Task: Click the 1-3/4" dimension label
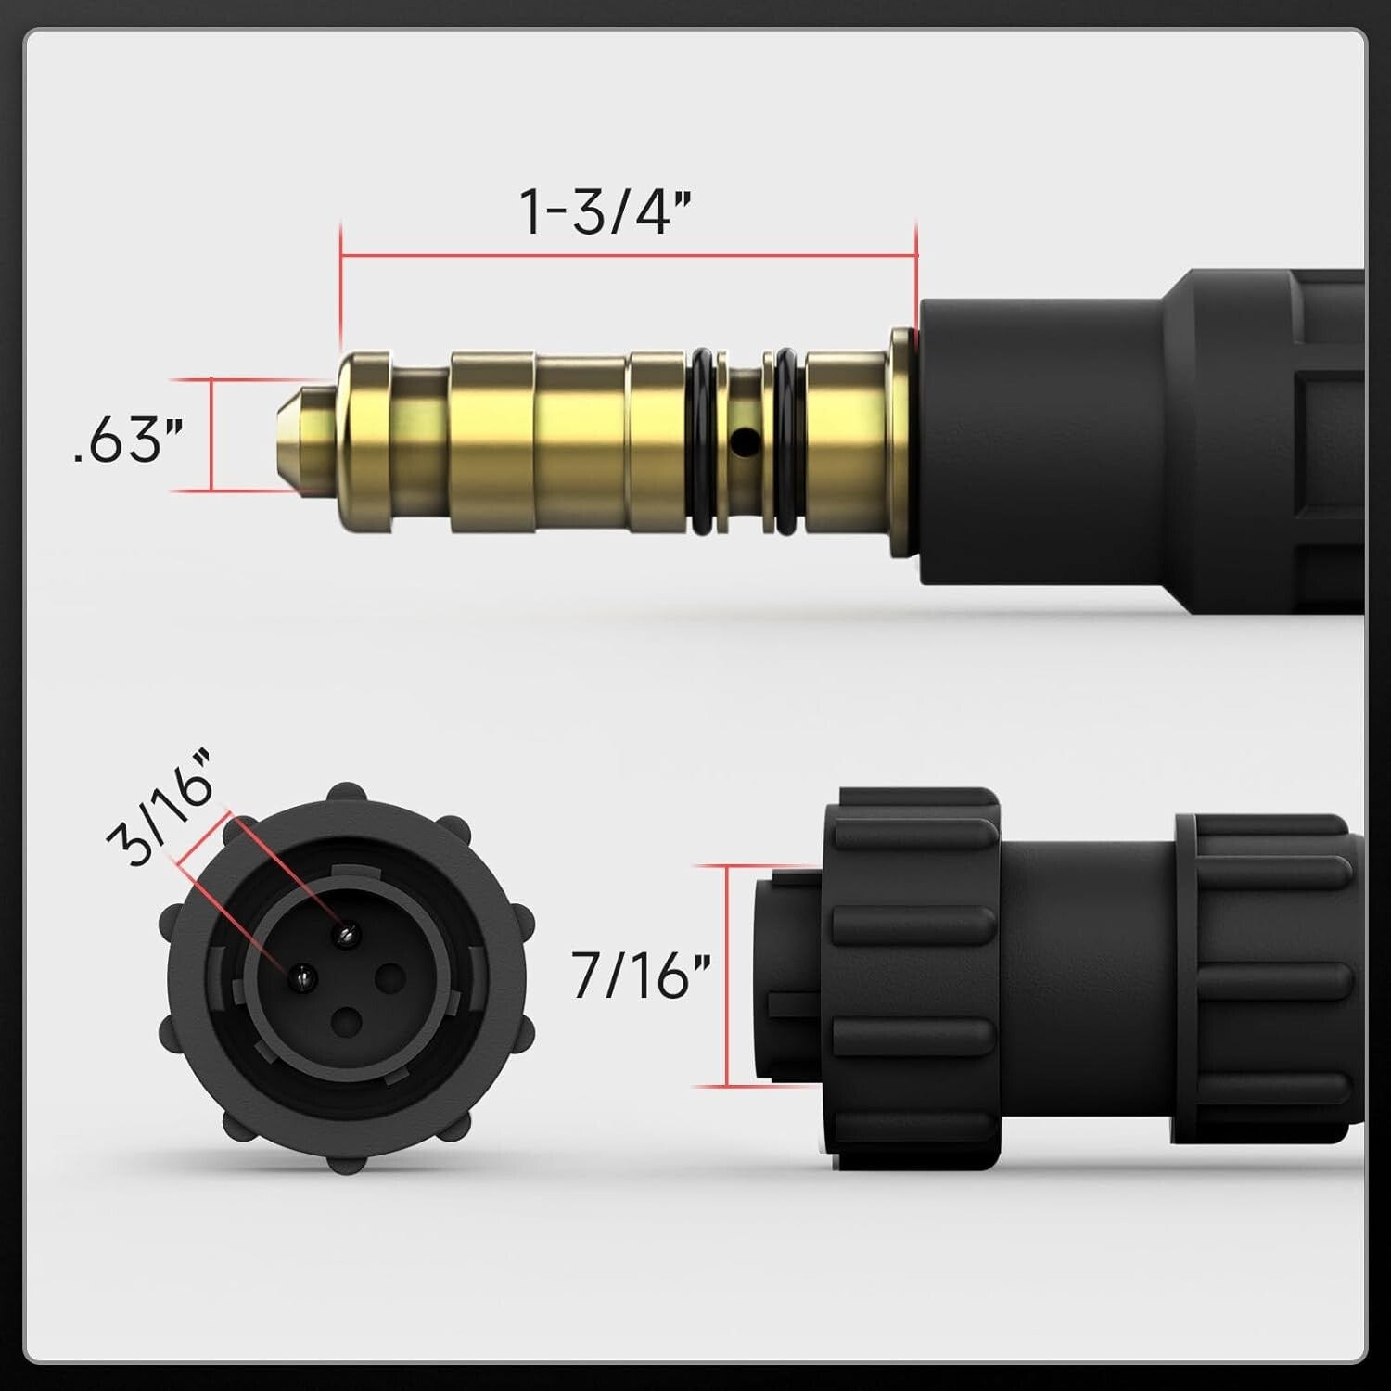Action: [x=605, y=211]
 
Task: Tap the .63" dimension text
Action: [x=127, y=440]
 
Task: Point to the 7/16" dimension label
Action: [x=640, y=976]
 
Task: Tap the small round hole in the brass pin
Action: [x=739, y=443]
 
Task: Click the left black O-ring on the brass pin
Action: [x=703, y=441]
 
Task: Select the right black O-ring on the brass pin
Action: [x=786, y=441]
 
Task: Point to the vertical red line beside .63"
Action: [x=212, y=434]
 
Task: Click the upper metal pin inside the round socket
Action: [x=349, y=934]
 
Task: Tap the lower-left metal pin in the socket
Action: [x=302, y=975]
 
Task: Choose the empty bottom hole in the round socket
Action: [x=347, y=1021]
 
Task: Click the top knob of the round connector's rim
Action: [x=347, y=794]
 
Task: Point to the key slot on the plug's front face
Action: [x=788, y=1004]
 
